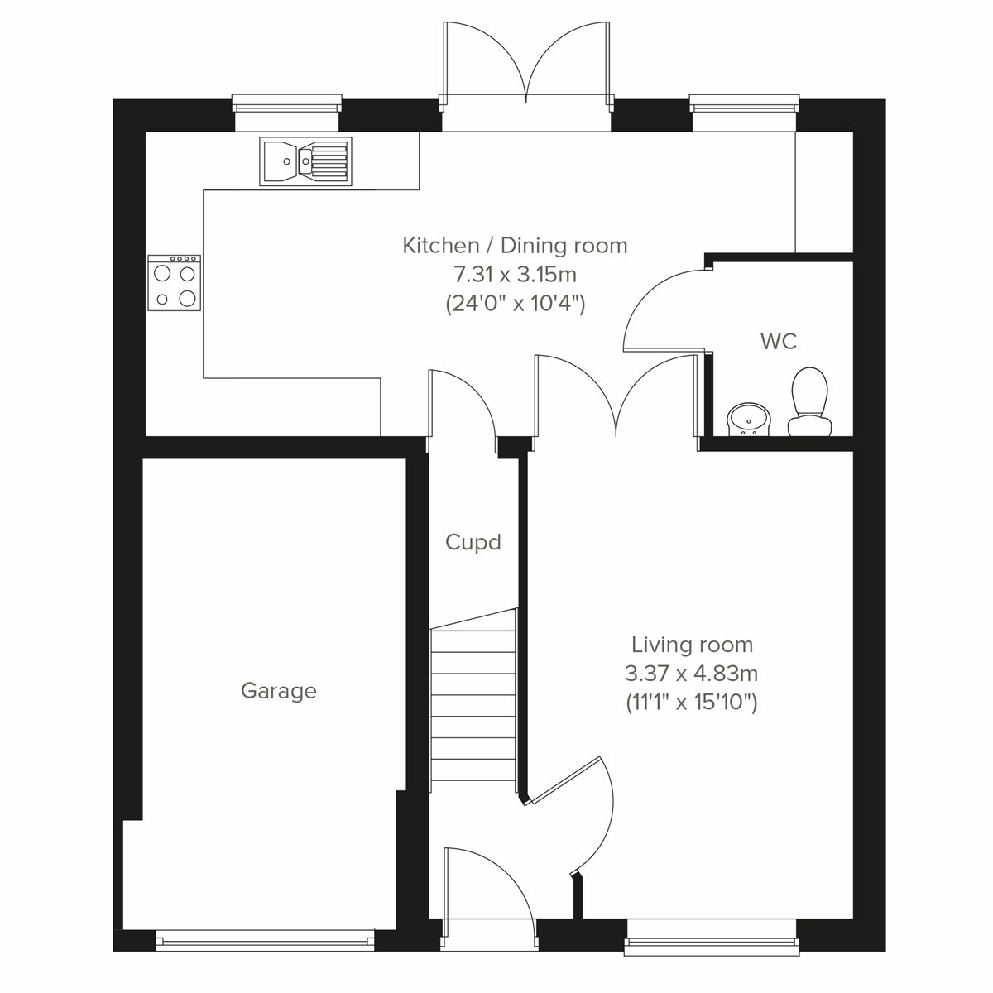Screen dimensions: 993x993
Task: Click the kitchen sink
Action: click(305, 161)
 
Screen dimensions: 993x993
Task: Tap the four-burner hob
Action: click(175, 283)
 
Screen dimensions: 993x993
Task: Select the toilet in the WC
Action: click(809, 401)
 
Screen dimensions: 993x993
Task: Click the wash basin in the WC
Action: click(750, 419)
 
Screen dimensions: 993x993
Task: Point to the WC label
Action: click(778, 341)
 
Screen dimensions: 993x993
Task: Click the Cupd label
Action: click(473, 543)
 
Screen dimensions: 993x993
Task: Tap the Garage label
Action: click(278, 691)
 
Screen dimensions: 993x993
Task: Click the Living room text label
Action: click(692, 645)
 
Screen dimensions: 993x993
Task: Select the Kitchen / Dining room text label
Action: click(515, 246)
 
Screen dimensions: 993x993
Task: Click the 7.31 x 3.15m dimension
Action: click(515, 275)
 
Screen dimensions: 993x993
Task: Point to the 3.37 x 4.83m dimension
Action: click(692, 674)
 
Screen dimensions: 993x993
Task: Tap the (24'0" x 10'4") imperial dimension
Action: click(515, 304)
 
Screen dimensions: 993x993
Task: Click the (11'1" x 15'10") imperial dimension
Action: click(692, 703)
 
